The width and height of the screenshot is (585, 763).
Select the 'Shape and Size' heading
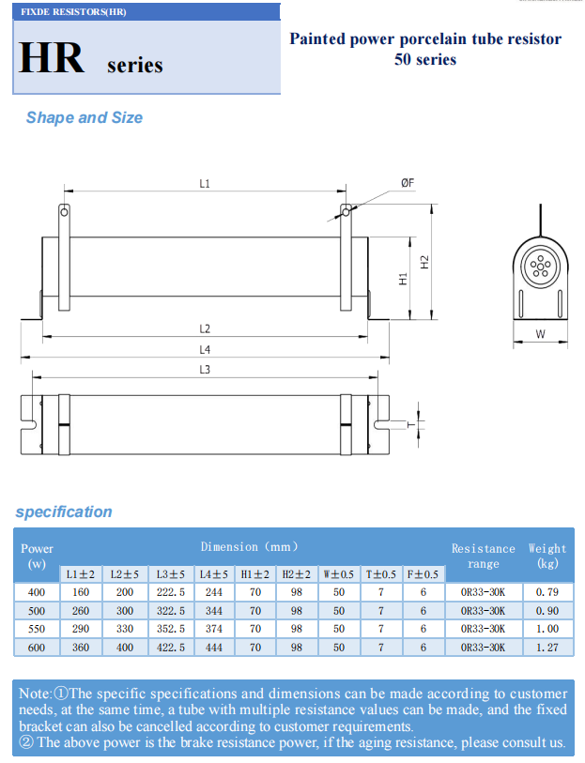84,117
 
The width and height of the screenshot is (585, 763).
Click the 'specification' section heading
63,511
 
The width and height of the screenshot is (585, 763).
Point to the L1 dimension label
205,184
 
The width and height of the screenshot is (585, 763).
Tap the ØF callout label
408,184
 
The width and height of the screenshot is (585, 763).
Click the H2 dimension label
424,262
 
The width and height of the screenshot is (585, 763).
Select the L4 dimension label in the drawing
205,349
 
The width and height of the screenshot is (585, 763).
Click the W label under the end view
540,334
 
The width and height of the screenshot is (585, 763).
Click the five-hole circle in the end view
541,268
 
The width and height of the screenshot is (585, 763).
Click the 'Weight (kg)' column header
547,556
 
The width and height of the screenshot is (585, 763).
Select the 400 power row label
37,591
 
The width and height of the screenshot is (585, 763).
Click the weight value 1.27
547,647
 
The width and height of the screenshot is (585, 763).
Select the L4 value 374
213,628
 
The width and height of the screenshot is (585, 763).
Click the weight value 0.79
547,591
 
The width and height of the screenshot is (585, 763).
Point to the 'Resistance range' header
483,556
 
